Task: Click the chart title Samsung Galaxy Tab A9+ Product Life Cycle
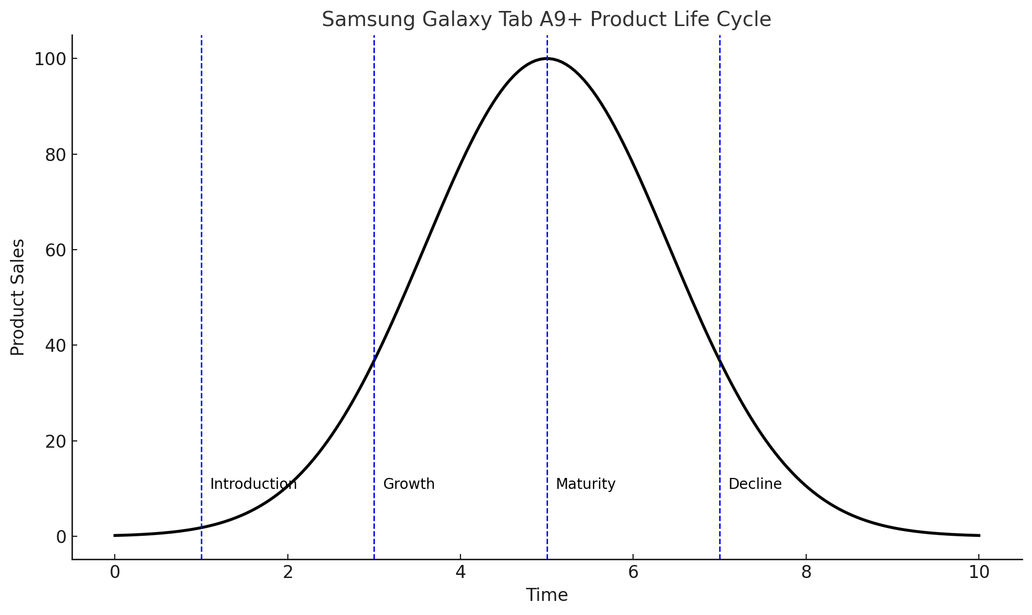point(546,20)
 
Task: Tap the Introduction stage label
point(253,484)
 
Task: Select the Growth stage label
point(409,484)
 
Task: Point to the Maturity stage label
point(586,484)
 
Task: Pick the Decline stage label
point(755,484)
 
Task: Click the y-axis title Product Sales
point(18,297)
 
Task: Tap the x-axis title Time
point(547,595)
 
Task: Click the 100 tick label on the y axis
point(50,59)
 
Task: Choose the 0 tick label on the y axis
point(61,536)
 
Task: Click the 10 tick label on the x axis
point(979,572)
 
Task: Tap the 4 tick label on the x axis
point(460,572)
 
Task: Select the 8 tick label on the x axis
point(806,572)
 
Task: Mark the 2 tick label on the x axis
point(287,572)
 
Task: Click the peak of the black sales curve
point(547,58)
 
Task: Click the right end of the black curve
point(979,535)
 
